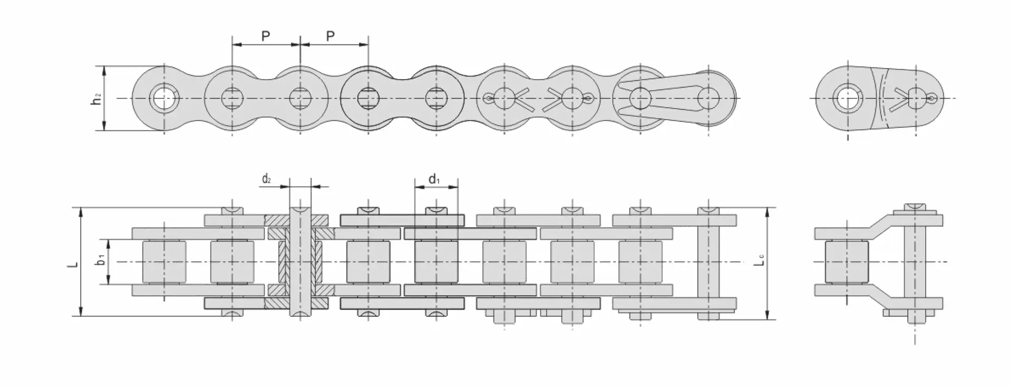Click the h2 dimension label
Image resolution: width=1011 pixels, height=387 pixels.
point(97,98)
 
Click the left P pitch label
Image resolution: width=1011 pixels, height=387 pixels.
point(266,36)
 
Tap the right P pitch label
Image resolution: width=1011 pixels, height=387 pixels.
point(330,36)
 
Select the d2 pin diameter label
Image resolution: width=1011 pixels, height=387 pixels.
point(267,179)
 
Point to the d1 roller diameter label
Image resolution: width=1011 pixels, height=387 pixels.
point(434,179)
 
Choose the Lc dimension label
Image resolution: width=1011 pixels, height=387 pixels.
point(759,260)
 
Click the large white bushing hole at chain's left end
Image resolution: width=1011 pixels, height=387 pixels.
point(164,98)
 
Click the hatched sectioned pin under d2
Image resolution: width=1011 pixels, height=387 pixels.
point(300,262)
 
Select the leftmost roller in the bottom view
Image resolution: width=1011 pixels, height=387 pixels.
point(164,262)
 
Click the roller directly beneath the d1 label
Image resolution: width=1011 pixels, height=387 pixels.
point(437,262)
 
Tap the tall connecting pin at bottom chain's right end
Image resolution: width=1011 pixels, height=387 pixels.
point(709,263)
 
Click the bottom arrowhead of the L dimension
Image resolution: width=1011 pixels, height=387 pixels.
point(81,312)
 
